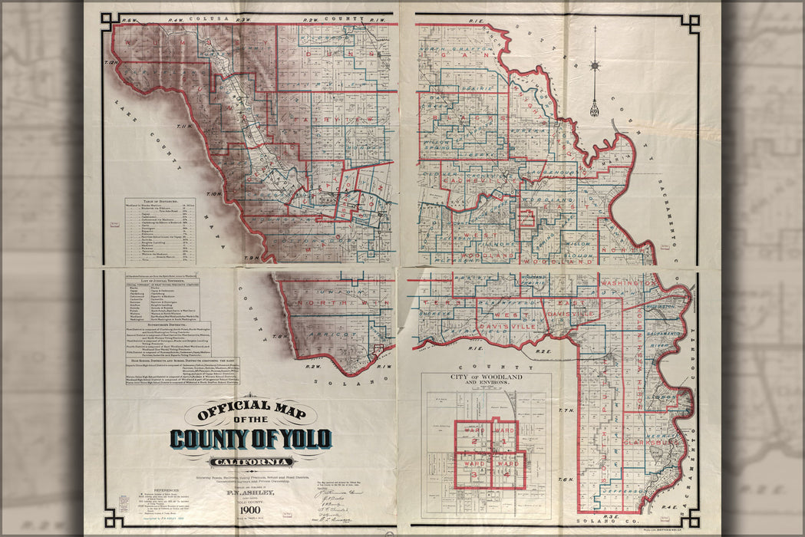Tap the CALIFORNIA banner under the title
251,462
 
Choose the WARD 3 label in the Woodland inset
472,468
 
